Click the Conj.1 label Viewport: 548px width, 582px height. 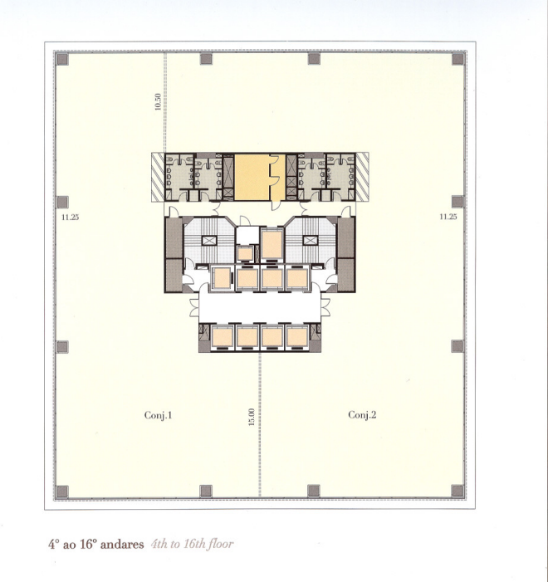[x=158, y=415]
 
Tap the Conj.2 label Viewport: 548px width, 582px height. [x=362, y=414]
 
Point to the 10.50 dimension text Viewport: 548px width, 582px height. [x=158, y=101]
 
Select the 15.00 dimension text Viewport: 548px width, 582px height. [x=252, y=417]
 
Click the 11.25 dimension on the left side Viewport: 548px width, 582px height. [x=71, y=218]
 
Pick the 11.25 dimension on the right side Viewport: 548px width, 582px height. [x=448, y=217]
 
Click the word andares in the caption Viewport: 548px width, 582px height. [x=122, y=545]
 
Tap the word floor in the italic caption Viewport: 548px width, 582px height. [x=221, y=544]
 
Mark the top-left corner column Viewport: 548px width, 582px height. [x=62, y=60]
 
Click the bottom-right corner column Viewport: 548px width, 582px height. [x=457, y=491]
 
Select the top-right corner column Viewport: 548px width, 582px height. [x=458, y=59]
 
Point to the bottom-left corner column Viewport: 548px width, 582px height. [x=62, y=492]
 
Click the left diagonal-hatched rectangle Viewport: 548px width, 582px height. [x=158, y=178]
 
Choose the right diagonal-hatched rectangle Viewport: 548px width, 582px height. [x=362, y=177]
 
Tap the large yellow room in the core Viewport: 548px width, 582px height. [x=252, y=178]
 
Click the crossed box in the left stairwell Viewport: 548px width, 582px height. [x=209, y=241]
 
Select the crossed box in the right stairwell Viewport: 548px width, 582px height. [x=311, y=241]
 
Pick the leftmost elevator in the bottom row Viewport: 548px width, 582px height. [x=223, y=337]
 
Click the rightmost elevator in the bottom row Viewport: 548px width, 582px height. [x=297, y=337]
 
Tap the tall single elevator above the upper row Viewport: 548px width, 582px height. [x=272, y=244]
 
